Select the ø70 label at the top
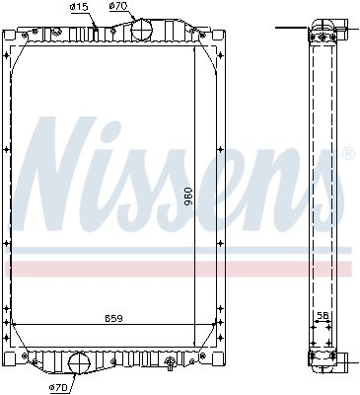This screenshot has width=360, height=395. tap(118, 7)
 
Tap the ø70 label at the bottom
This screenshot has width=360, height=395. tap(60, 388)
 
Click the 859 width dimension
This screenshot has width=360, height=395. tap(113, 318)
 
